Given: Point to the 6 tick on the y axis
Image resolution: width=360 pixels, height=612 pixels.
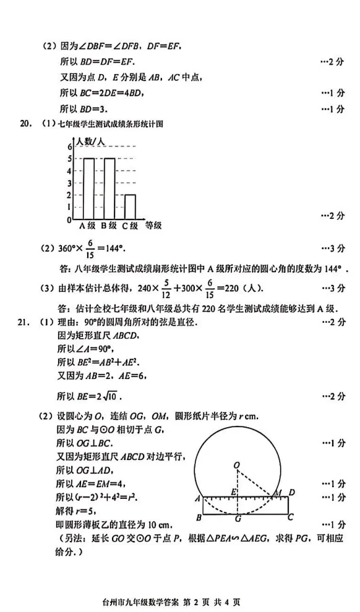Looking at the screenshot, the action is click(69, 147).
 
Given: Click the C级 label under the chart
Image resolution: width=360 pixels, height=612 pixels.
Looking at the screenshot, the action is click(129, 226).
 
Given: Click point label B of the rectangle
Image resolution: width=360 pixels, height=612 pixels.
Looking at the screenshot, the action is click(197, 517).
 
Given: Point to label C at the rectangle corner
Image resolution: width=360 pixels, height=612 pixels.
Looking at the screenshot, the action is click(289, 517).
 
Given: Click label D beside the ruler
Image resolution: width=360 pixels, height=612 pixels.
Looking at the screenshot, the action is click(291, 492).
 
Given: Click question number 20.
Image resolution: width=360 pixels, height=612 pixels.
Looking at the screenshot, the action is click(25, 124).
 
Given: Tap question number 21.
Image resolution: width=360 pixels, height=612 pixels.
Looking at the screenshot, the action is click(25, 322).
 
